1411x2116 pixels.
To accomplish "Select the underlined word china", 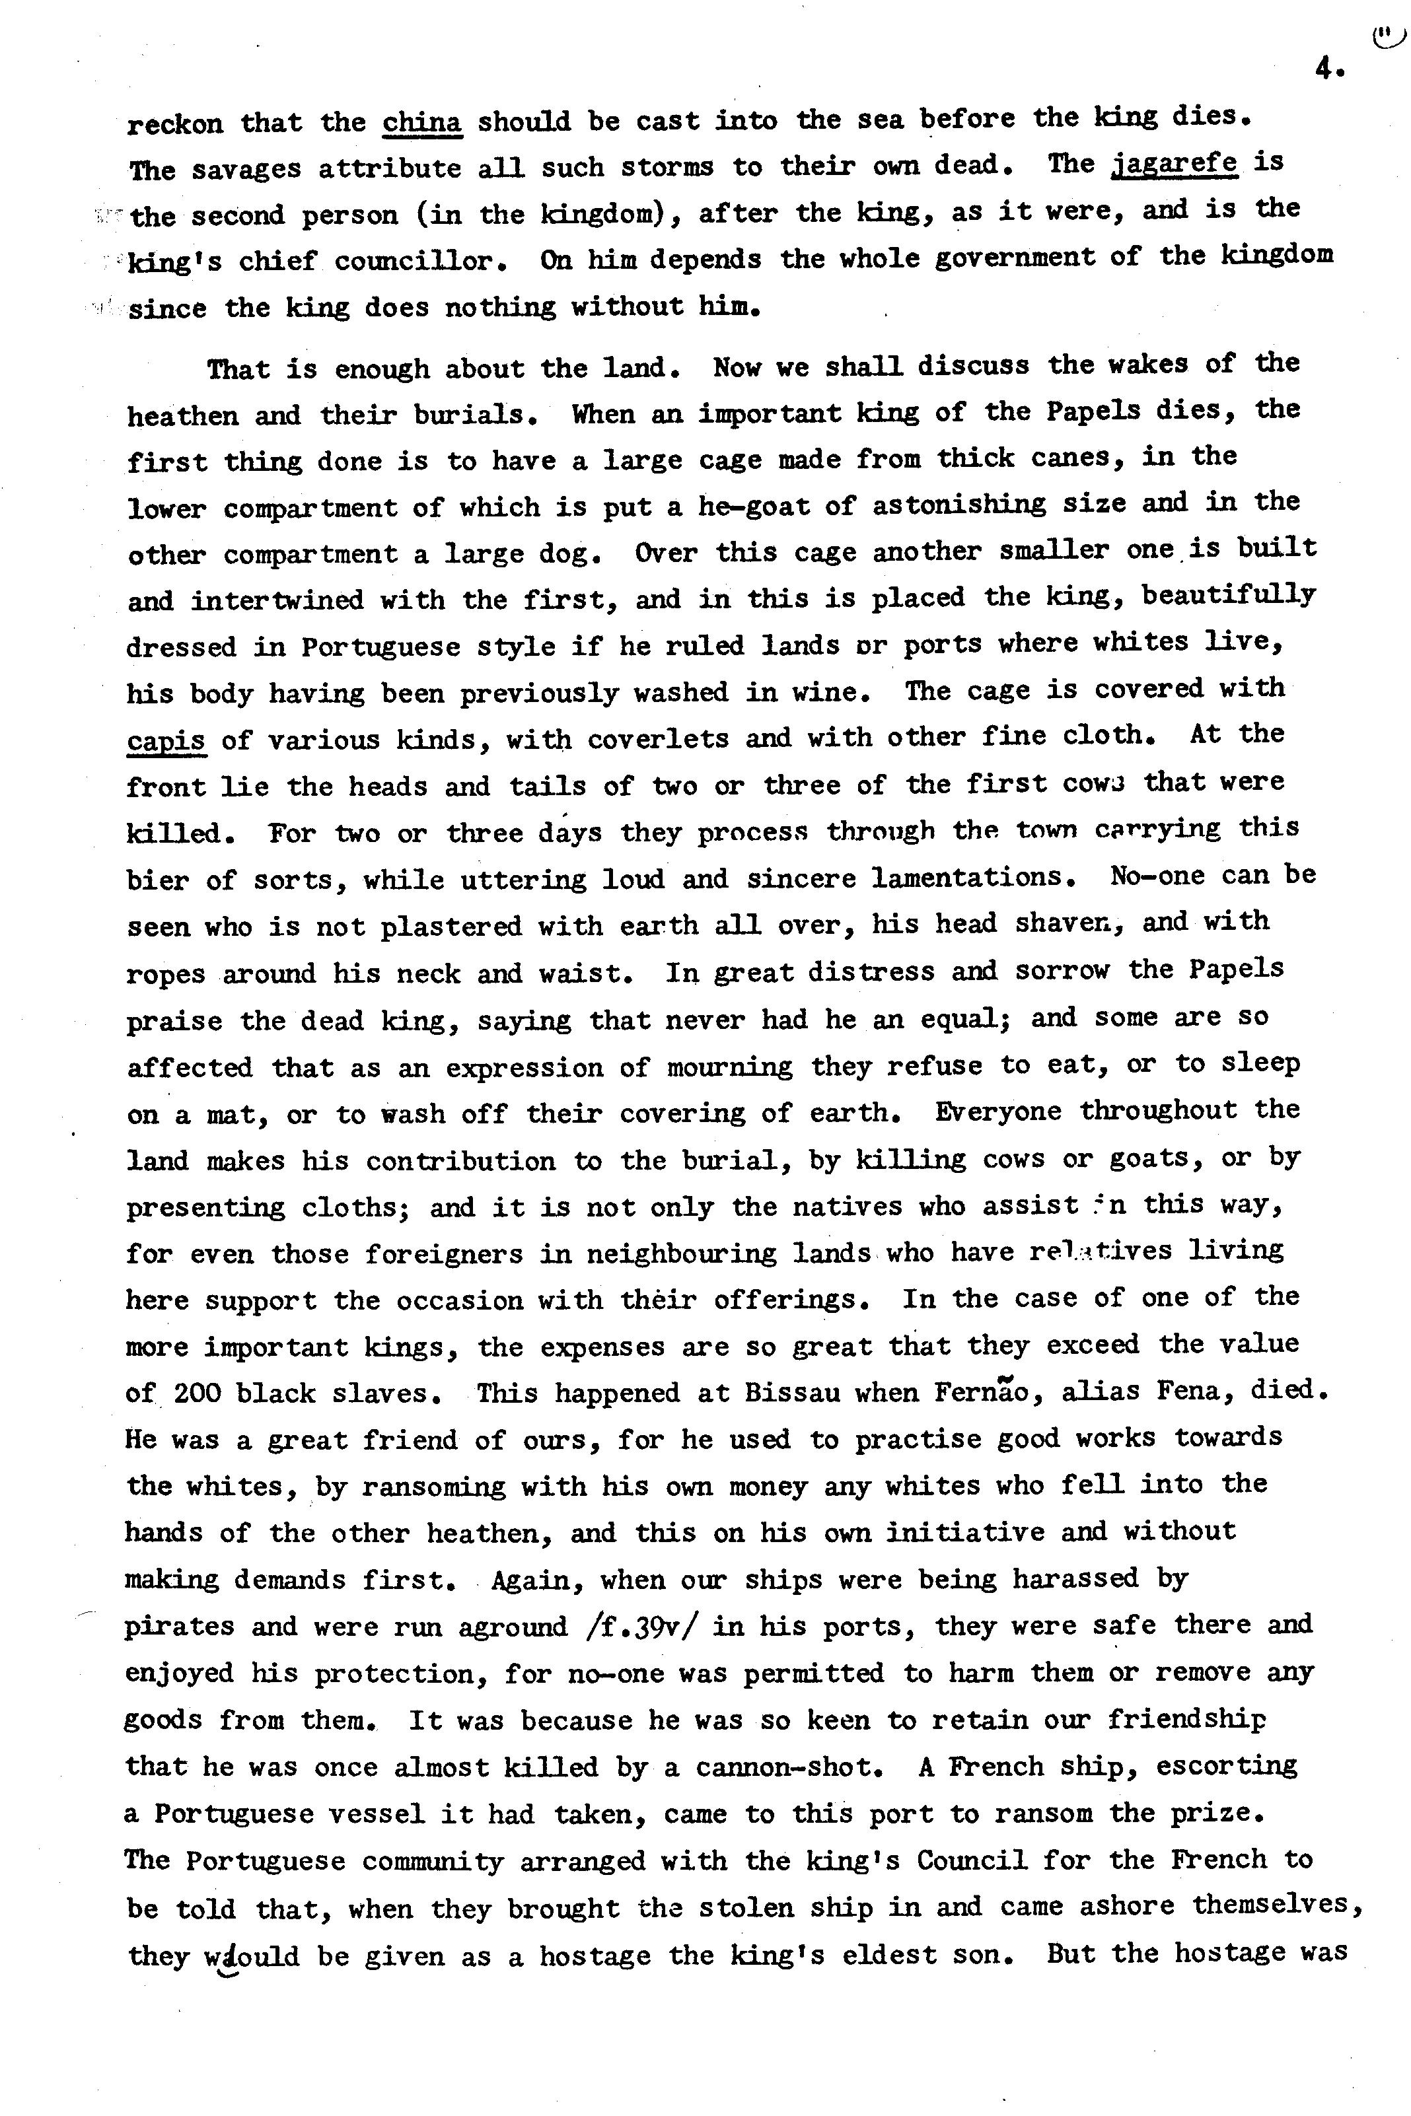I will tap(422, 122).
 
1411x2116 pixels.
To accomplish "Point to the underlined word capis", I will tap(166, 741).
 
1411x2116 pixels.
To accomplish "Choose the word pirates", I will tap(179, 1627).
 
